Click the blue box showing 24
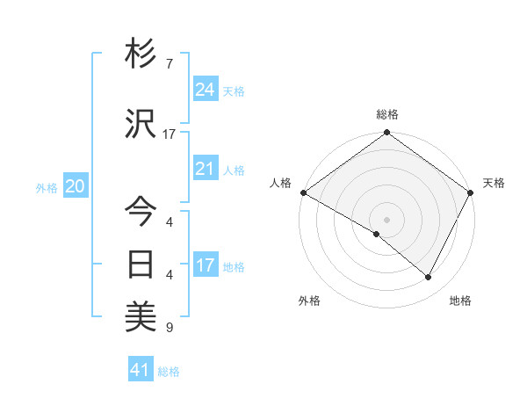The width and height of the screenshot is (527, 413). click(206, 90)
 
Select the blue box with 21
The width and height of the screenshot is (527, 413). click(206, 169)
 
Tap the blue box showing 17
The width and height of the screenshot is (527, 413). click(206, 265)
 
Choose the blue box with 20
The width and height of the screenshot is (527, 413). click(76, 186)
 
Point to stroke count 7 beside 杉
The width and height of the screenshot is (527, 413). click(169, 64)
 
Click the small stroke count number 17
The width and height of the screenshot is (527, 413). click(169, 134)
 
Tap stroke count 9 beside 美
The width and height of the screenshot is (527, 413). click(169, 328)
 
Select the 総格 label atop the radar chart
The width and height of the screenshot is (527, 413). click(387, 114)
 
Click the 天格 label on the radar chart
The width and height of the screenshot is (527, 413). click(494, 183)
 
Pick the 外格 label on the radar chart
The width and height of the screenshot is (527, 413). click(308, 301)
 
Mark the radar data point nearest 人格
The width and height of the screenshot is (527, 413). click(303, 192)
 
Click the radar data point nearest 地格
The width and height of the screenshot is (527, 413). click(429, 278)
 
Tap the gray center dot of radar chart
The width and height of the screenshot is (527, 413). click(386, 219)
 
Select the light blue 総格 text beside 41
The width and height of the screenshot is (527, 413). click(169, 372)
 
